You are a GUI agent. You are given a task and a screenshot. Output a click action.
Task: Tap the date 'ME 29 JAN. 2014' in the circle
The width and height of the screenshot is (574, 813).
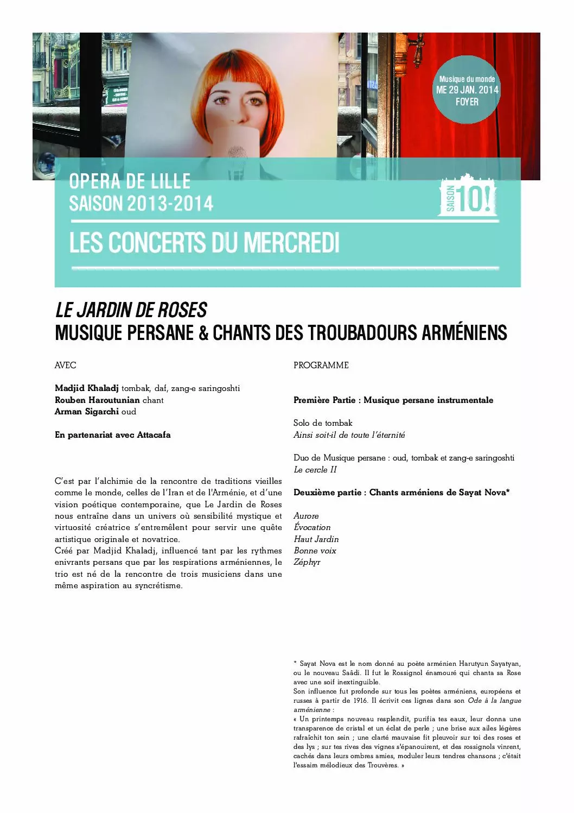[467, 90]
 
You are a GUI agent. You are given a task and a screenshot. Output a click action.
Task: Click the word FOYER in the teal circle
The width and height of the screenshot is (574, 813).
[467, 102]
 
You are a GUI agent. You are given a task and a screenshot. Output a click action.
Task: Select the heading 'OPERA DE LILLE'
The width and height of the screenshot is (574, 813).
[130, 181]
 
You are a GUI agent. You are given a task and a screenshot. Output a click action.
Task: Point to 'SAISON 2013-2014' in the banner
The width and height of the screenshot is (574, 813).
[141, 204]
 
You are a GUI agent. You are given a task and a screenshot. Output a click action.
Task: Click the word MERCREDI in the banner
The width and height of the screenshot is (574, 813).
[291, 243]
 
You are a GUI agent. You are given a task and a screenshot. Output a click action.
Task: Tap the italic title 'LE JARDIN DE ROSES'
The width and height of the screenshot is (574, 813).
[131, 311]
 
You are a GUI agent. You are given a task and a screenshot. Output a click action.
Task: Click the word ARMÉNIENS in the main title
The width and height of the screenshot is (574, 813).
[463, 333]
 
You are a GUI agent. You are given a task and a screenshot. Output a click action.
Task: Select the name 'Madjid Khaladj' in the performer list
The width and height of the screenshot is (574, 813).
[87, 388]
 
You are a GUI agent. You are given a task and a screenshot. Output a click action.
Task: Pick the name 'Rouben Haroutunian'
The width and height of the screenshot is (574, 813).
[97, 400]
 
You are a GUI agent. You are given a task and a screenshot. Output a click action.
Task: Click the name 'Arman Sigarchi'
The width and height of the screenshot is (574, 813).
[87, 412]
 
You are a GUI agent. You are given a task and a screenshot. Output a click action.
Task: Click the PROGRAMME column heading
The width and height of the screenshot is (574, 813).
[321, 365]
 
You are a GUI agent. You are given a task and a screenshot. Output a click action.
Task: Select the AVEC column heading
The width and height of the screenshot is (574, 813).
[66, 365]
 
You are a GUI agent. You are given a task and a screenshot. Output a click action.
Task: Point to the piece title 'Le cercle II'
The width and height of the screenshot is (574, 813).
[315, 470]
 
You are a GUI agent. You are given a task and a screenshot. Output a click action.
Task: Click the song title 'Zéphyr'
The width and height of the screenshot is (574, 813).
[307, 562]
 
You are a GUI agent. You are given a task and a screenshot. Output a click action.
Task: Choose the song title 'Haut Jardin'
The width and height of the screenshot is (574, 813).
[316, 539]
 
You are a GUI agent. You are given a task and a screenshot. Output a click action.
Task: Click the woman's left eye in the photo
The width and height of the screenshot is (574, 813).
[254, 100]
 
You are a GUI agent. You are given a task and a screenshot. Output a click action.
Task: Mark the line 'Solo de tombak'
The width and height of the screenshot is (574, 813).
[323, 423]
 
